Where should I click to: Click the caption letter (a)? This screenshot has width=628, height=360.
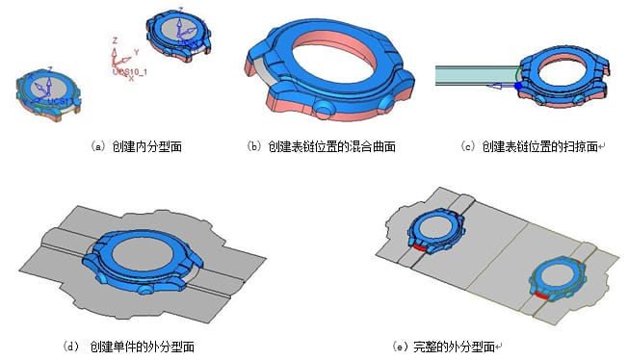97,146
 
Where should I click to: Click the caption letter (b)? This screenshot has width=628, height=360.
254,146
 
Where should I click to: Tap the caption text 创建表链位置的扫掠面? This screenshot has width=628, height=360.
538,146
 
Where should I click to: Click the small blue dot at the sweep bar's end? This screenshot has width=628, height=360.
518,87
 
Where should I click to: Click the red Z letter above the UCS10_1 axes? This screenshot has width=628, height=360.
115,40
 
